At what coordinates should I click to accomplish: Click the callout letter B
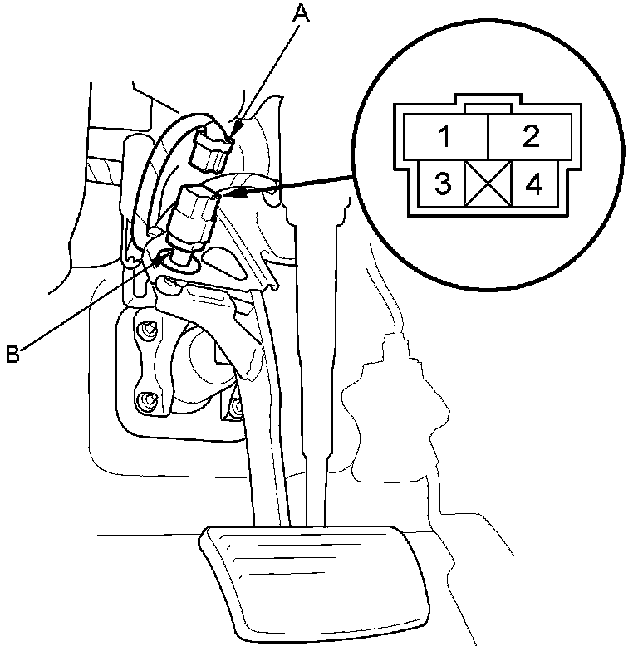tap(12, 355)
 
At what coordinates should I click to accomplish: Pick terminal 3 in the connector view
tap(443, 184)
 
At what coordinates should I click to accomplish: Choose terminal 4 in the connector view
tap(534, 184)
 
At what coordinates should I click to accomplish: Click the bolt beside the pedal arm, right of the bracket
tap(235, 406)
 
